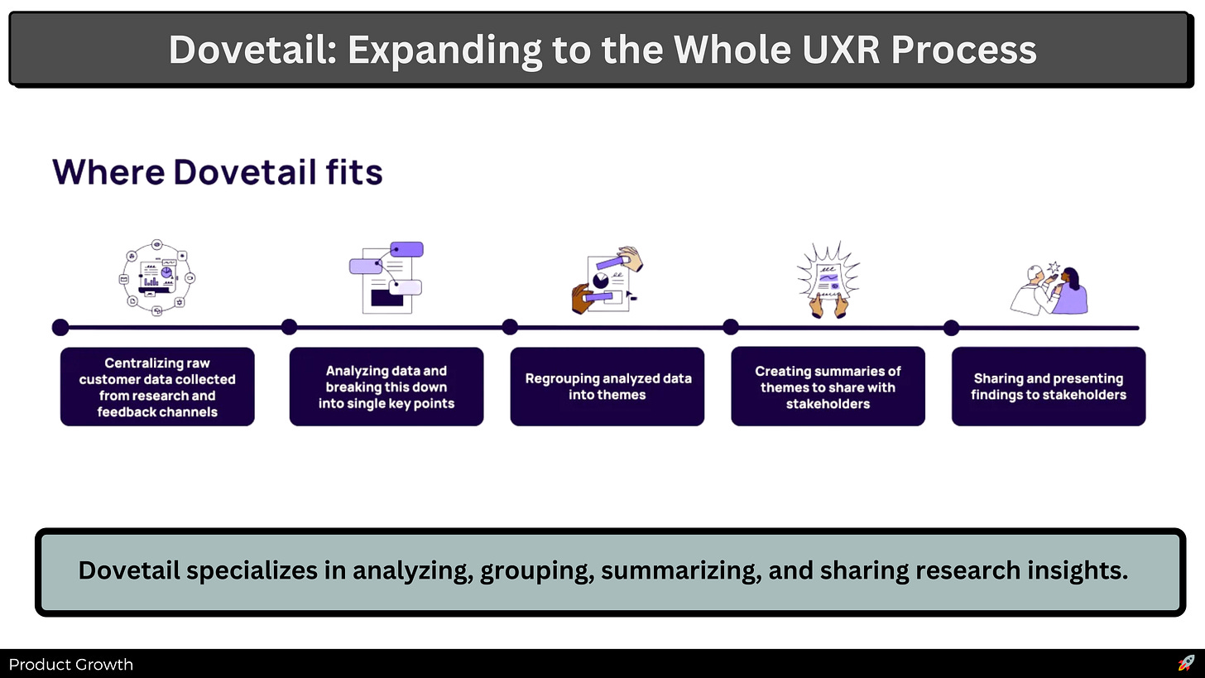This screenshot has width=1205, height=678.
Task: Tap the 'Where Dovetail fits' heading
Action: pos(217,172)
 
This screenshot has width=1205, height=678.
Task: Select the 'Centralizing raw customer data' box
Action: pos(157,387)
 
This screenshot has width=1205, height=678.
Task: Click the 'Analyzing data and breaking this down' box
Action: pos(386,387)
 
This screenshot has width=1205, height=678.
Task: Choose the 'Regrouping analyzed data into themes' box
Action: pos(607,387)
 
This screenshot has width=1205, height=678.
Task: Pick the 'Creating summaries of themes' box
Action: pos(828,387)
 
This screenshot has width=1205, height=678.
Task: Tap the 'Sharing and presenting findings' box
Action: pos(1049,387)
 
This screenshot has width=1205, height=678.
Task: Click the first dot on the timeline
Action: pos(60,327)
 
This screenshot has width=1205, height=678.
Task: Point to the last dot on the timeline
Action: pos(952,327)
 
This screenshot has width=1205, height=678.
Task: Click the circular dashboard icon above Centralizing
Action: pos(157,277)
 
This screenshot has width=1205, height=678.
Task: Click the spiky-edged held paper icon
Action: pos(828,279)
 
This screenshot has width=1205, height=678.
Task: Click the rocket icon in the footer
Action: pos(1186,663)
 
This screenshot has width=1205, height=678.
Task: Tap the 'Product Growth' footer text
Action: pos(71,665)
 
